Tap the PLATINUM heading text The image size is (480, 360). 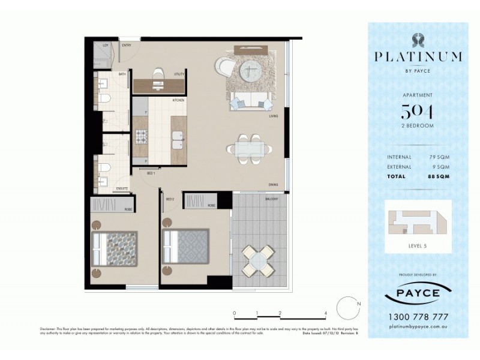coord(418,57)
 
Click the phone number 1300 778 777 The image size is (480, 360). coord(418,317)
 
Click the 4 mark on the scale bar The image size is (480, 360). coord(325,313)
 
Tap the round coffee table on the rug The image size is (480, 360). coord(250,71)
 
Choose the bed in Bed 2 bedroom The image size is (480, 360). coord(186,246)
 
